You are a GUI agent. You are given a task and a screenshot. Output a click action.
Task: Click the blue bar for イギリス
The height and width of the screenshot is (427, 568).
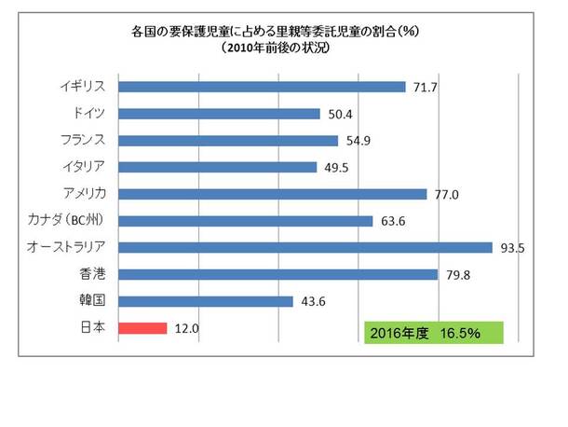263,87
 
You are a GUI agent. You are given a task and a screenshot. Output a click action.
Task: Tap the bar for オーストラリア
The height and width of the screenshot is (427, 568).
305,248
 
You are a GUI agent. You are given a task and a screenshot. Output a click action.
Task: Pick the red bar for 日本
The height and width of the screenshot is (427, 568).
142,328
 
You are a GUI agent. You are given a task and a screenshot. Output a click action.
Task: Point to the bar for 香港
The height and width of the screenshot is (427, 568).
278,274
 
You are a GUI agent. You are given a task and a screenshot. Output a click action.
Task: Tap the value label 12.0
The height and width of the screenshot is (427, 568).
186,328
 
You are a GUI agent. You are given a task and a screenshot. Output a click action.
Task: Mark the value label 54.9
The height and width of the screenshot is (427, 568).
357,141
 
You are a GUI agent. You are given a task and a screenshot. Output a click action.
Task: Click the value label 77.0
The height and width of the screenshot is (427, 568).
445,194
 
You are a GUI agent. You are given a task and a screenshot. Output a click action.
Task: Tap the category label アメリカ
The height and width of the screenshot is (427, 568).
81,193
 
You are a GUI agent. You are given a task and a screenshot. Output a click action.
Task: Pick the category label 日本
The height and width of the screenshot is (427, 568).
94,327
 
